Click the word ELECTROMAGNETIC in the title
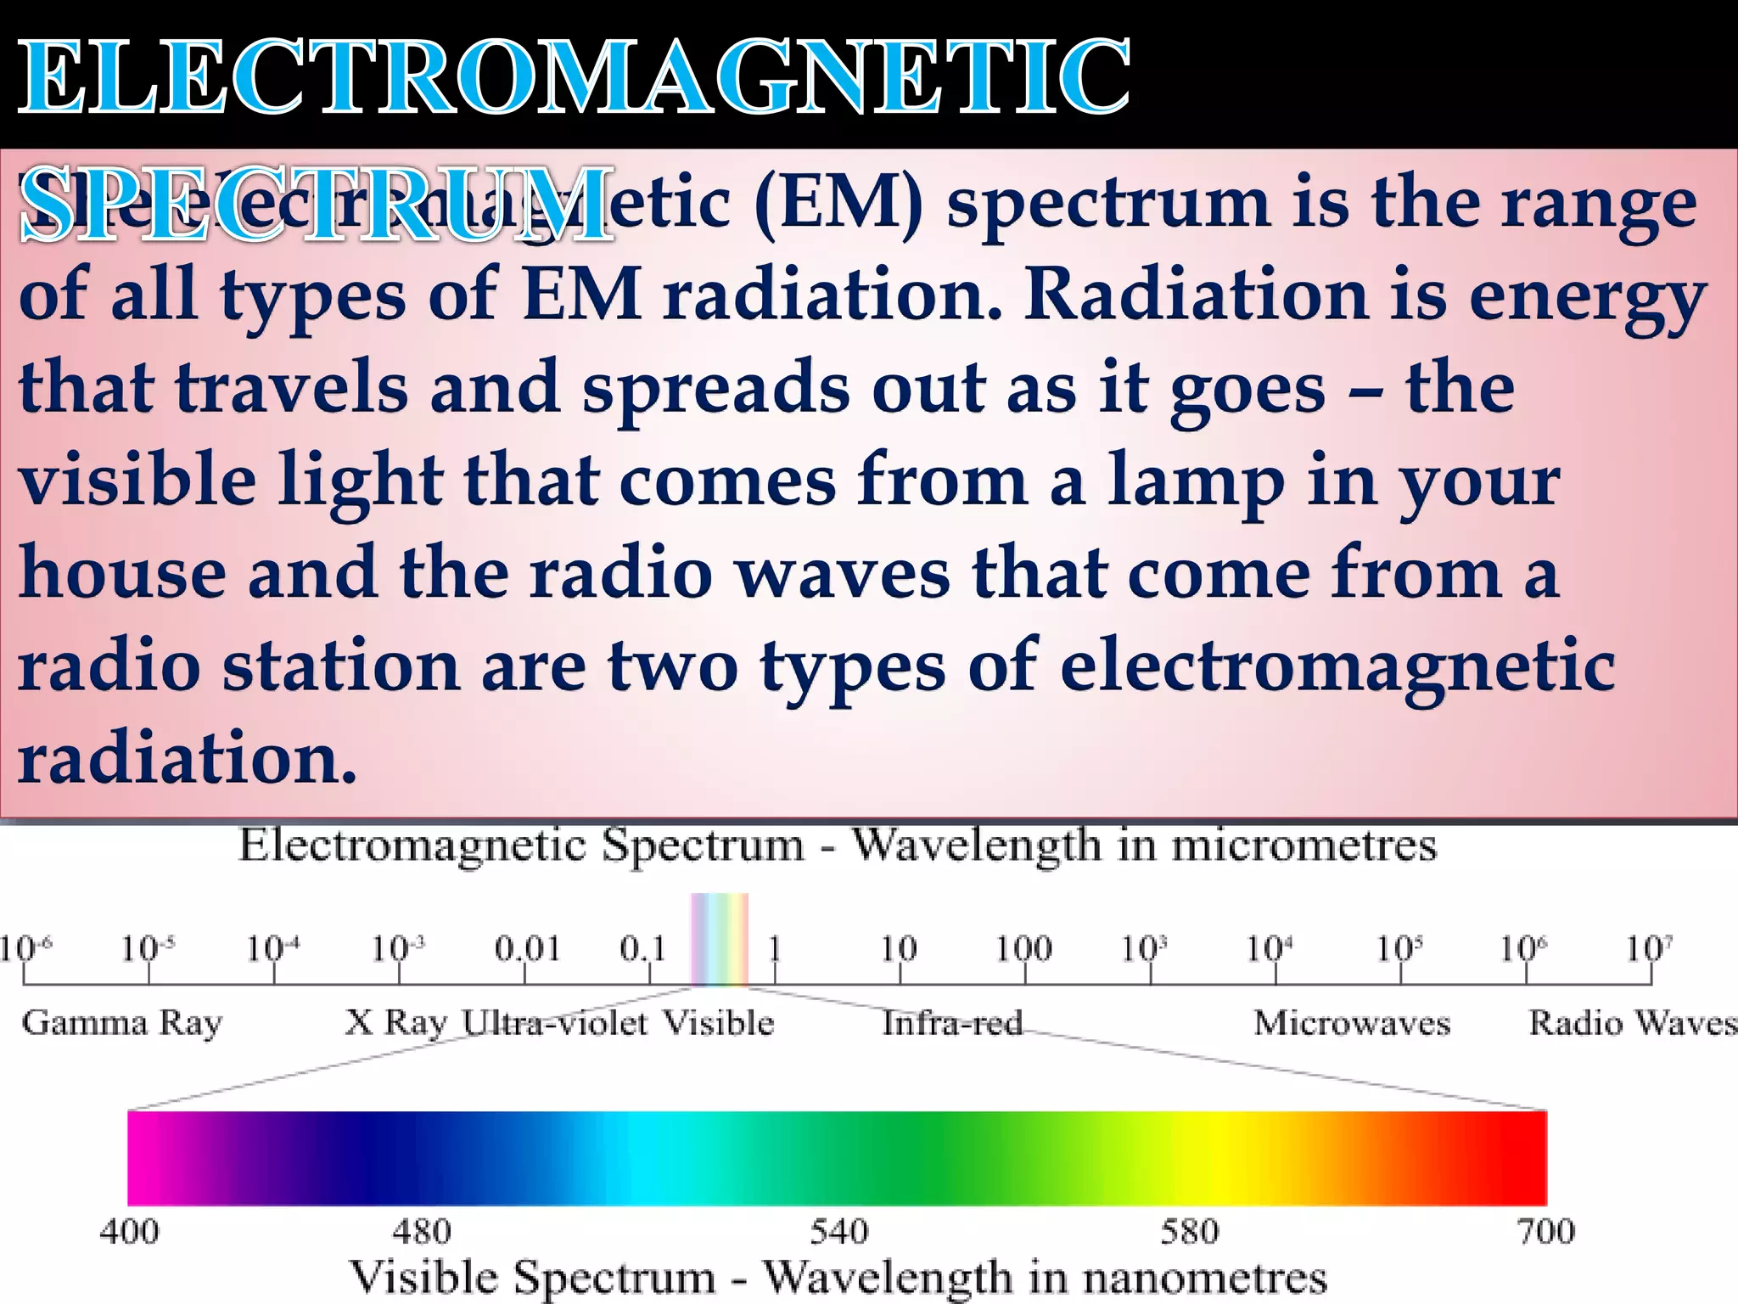(574, 78)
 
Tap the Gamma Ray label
(122, 1023)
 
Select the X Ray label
(396, 1023)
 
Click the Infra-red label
(952, 1023)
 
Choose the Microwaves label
(1352, 1023)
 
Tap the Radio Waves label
(1631, 1023)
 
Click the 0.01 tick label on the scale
(527, 948)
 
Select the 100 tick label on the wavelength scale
(1023, 948)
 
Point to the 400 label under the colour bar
(129, 1232)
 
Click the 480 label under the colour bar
(422, 1232)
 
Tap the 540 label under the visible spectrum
(839, 1232)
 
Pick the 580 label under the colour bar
(1190, 1232)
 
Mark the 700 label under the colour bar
(1546, 1232)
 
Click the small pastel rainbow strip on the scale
(720, 938)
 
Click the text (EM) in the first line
(838, 204)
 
